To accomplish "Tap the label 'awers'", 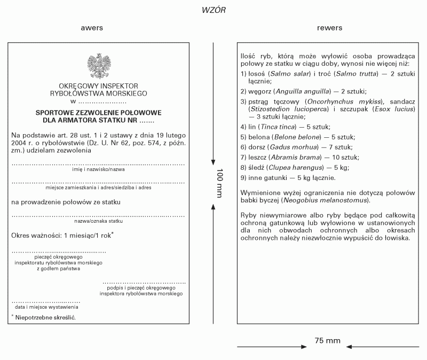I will pos(92,28).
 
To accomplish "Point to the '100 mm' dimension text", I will pos(219,184).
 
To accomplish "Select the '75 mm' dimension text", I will pos(328,340).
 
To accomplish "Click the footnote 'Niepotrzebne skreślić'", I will pos(45,318).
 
